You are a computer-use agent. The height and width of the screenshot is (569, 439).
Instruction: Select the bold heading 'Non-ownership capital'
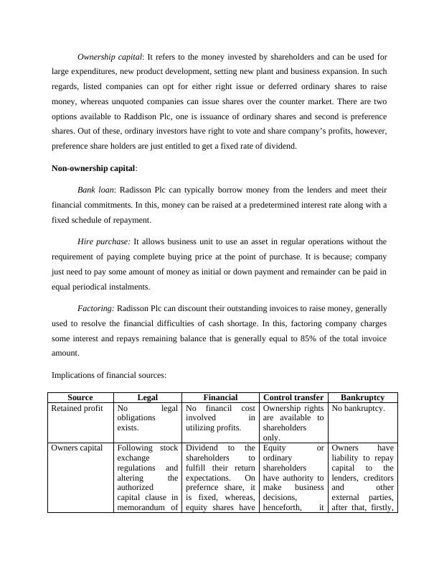(x=93, y=168)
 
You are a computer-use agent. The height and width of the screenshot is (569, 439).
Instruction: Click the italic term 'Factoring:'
(x=95, y=307)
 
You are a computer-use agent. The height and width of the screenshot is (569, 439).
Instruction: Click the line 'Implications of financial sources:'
(x=109, y=374)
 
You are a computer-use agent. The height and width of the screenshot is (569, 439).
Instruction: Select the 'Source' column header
(x=80, y=397)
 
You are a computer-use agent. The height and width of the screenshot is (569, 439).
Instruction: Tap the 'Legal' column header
(x=147, y=397)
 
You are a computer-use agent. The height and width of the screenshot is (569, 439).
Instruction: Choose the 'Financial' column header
(x=220, y=397)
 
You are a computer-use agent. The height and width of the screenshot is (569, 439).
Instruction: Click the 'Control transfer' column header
(x=293, y=397)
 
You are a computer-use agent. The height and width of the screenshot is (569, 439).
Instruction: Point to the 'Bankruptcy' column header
(x=362, y=397)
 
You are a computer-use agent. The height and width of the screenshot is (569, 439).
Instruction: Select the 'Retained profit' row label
(x=77, y=408)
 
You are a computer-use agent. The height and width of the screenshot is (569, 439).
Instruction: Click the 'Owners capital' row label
(x=77, y=448)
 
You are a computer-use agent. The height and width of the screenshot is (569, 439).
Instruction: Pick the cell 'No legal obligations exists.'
(x=147, y=417)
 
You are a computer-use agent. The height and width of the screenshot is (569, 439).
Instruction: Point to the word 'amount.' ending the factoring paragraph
(x=65, y=353)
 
